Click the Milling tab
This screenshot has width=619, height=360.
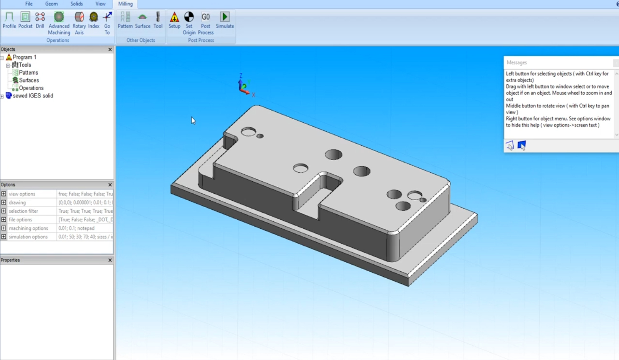tap(125, 4)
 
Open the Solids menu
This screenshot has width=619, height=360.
tap(76, 4)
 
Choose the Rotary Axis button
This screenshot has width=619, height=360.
tap(79, 23)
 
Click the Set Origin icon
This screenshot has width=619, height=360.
tap(189, 23)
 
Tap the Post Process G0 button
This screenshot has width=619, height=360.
tap(206, 23)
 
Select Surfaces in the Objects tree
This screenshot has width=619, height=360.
tap(29, 80)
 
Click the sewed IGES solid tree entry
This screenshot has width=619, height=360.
tap(33, 96)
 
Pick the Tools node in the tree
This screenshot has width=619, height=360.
tap(25, 65)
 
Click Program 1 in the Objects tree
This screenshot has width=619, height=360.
tap(24, 57)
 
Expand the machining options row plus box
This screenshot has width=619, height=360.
tap(4, 228)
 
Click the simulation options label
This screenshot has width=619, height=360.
tap(28, 237)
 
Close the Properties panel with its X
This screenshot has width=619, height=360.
tap(110, 260)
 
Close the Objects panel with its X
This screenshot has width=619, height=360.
tap(110, 49)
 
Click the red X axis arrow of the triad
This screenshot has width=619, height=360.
tap(247, 92)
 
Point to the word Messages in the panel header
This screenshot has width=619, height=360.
tap(517, 63)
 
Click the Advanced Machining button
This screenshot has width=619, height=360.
tap(59, 23)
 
